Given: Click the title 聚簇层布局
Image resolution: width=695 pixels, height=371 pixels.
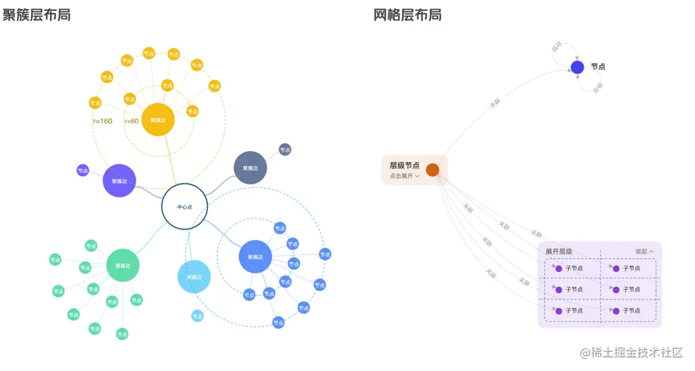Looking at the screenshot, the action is pyautogui.click(x=37, y=15).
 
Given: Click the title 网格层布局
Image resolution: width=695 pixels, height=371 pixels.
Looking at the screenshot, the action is pyautogui.click(x=407, y=15).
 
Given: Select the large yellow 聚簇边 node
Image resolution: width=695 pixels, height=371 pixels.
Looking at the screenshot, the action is pyautogui.click(x=158, y=120).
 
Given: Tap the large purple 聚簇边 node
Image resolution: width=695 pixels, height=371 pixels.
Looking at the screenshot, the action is pyautogui.click(x=119, y=181).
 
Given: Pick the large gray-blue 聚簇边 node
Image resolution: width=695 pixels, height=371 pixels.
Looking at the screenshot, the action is pyautogui.click(x=250, y=168).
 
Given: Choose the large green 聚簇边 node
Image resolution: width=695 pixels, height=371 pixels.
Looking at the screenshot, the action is pyautogui.click(x=122, y=266).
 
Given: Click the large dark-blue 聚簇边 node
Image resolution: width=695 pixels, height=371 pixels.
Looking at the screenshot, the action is pyautogui.click(x=255, y=257).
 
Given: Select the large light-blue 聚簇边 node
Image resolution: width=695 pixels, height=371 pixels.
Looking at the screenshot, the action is pyautogui.click(x=194, y=277).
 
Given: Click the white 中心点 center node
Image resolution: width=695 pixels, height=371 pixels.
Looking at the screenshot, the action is pyautogui.click(x=185, y=206).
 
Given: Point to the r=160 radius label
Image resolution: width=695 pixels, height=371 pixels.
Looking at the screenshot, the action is pyautogui.click(x=102, y=121).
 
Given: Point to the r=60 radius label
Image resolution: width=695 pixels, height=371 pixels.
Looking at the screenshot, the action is pyautogui.click(x=131, y=121).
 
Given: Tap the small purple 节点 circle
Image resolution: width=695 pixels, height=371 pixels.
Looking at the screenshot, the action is pyautogui.click(x=82, y=170).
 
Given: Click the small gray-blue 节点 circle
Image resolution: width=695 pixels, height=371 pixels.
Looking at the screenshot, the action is pyautogui.click(x=284, y=149).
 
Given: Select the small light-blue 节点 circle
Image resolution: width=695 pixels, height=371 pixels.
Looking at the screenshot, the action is pyautogui.click(x=197, y=316).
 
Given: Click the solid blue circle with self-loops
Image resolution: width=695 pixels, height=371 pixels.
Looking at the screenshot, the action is pyautogui.click(x=577, y=67).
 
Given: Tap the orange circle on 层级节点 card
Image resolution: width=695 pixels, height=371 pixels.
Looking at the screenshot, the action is pyautogui.click(x=432, y=170).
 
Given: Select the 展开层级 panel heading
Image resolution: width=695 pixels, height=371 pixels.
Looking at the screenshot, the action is pyautogui.click(x=559, y=251).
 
